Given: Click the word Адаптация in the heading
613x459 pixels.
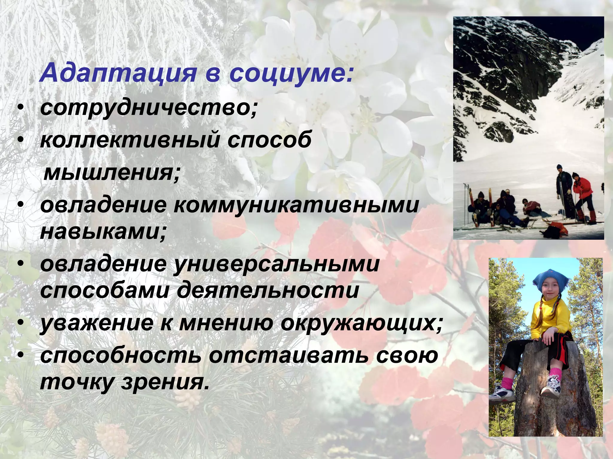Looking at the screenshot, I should (118, 74).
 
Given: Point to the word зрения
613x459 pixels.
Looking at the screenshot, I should (165, 382).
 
